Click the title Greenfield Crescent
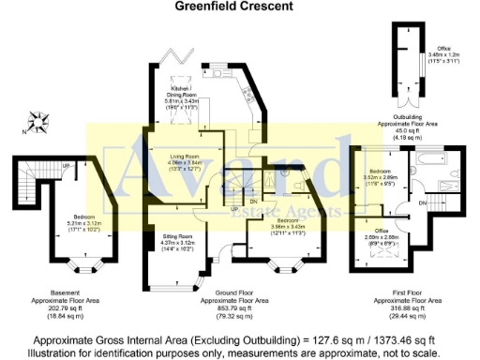(x=221, y=6)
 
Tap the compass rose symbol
(x=38, y=120)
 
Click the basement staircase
(x=25, y=187)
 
